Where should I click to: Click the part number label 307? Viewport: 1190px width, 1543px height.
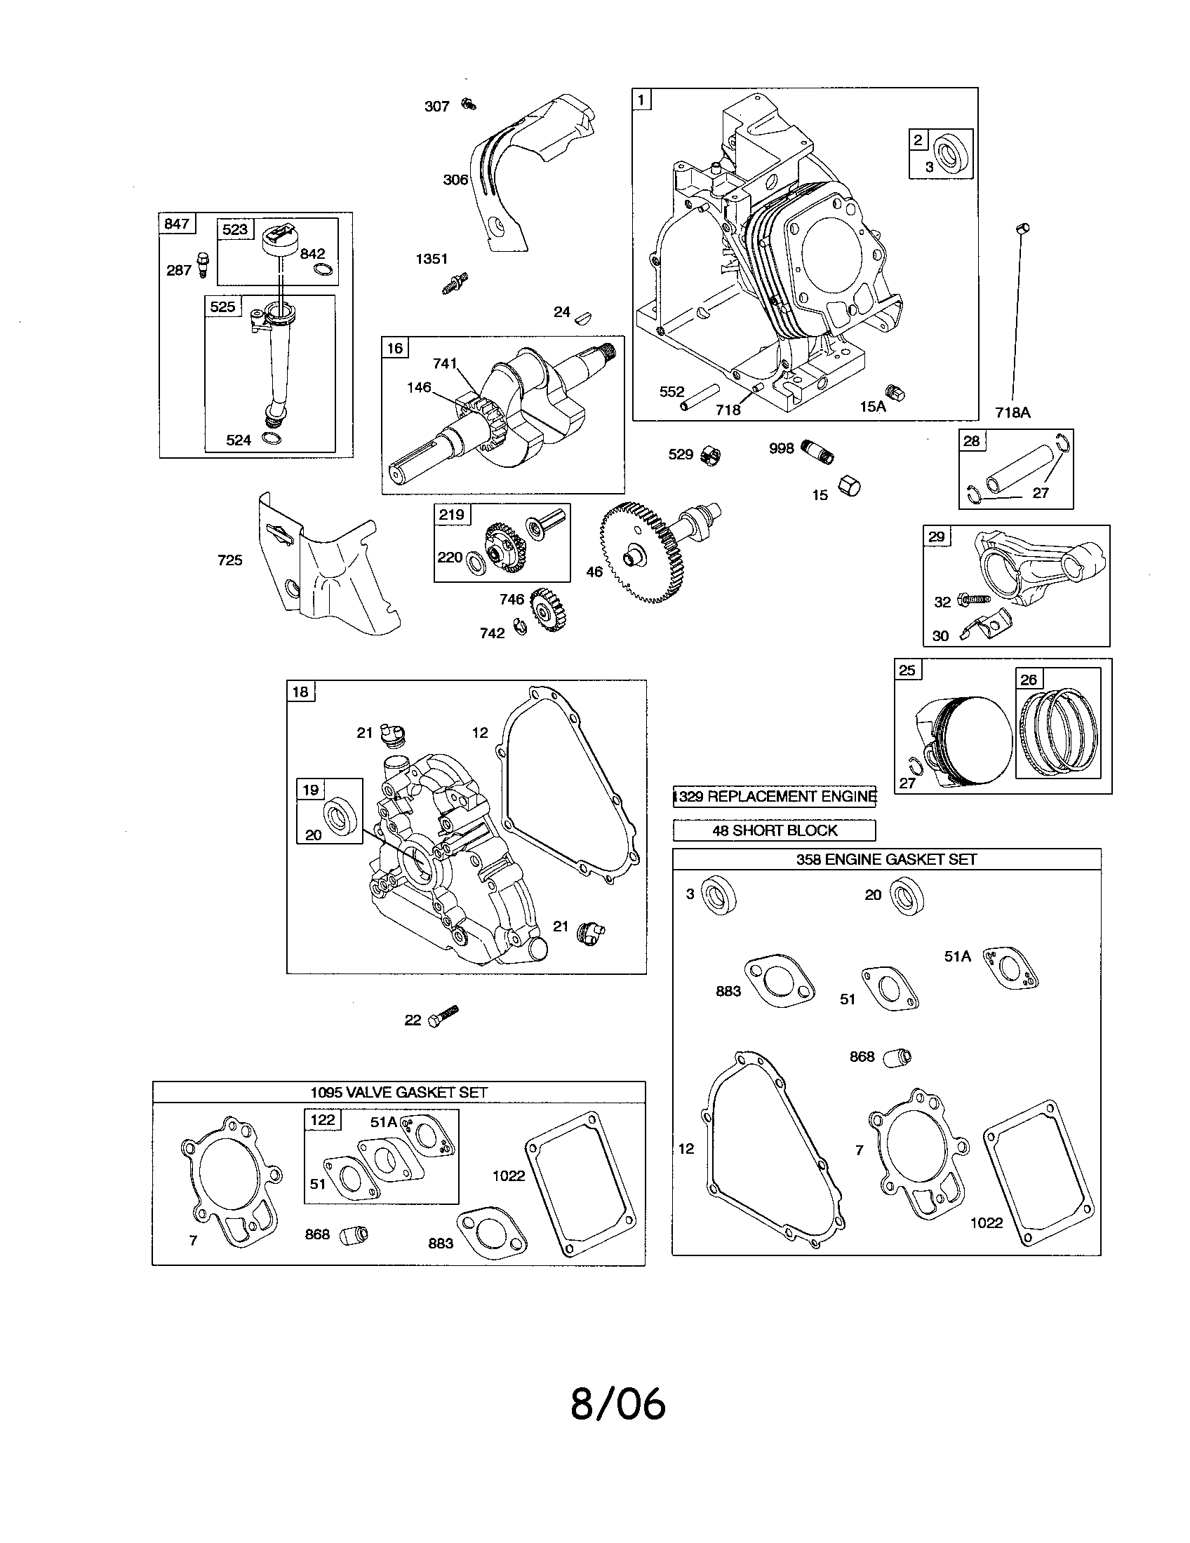[436, 107]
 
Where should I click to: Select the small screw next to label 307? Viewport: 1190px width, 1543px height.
[468, 105]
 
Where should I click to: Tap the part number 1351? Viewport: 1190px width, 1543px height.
[431, 259]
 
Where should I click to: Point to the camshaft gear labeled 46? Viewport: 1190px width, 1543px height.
[639, 551]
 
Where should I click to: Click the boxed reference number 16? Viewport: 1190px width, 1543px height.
[394, 348]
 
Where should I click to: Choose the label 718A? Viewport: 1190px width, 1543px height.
[1012, 412]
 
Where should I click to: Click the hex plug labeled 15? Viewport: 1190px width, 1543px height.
[849, 485]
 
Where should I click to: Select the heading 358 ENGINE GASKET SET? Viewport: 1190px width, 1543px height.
[886, 859]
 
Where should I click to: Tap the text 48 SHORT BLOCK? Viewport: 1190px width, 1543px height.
[775, 830]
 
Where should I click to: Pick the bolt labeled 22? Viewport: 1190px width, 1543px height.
[442, 1017]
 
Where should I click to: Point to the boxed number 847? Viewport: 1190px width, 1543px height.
[176, 224]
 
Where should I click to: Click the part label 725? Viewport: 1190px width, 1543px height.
[229, 560]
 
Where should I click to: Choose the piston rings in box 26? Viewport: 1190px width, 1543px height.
[1059, 732]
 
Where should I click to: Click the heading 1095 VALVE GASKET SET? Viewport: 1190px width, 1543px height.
[399, 1091]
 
